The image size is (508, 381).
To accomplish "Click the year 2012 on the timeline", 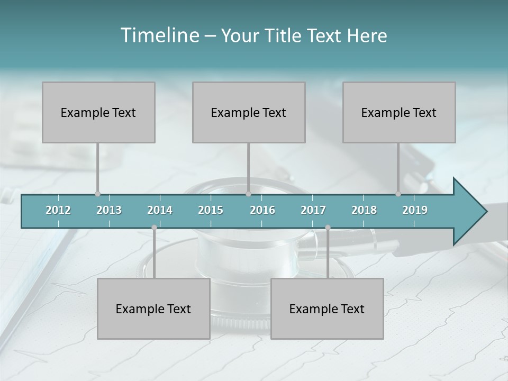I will (x=58, y=210).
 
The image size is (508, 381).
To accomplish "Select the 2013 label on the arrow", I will (x=109, y=210).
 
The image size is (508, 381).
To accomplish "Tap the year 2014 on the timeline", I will (x=160, y=210).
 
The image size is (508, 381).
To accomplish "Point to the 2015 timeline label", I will (x=211, y=210).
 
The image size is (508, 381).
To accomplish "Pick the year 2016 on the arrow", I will (x=262, y=210).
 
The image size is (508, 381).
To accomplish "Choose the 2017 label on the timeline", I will (x=313, y=210).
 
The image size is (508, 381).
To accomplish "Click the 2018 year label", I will (x=364, y=210).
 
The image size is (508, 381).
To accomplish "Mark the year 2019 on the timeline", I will (x=415, y=210).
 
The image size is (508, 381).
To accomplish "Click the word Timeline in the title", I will (x=159, y=35).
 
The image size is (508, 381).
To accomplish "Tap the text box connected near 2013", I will (x=98, y=112).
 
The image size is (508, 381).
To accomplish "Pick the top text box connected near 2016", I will (x=249, y=112).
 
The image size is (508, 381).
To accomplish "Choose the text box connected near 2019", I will (x=399, y=112).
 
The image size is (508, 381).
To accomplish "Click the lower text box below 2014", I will (x=153, y=309).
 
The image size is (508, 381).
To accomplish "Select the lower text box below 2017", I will (x=327, y=309).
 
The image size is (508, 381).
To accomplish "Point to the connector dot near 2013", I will (x=97, y=194).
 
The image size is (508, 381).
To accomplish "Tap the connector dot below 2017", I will (x=328, y=228).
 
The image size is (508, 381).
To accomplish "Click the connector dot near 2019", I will (x=398, y=194).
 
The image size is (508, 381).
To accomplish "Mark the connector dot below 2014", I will (x=154, y=228).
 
